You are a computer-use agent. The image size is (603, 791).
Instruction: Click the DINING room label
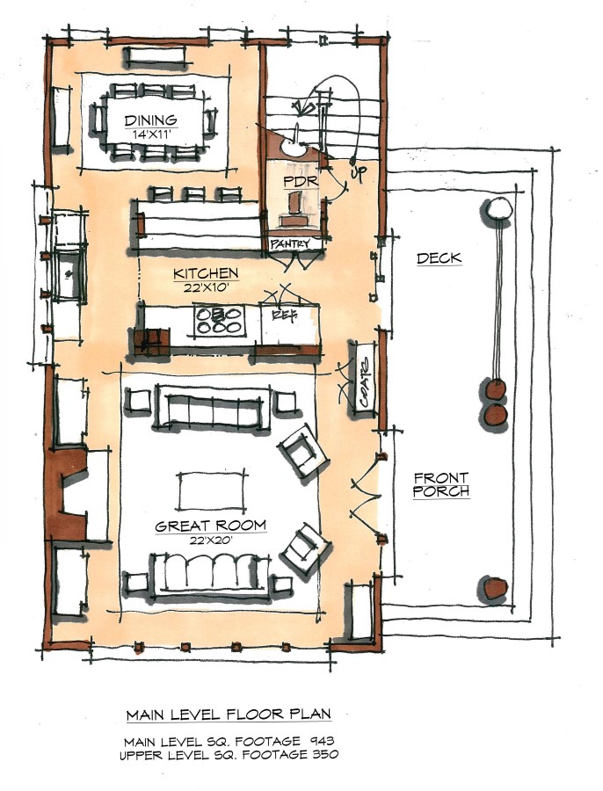pyautogui.click(x=150, y=121)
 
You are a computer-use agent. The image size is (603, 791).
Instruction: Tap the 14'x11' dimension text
pyautogui.click(x=150, y=134)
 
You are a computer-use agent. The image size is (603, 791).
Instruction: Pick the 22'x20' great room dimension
pyautogui.click(x=211, y=541)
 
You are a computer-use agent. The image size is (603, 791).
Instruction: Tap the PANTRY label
pyautogui.click(x=290, y=243)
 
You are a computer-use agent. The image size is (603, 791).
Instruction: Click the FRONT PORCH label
pyautogui.click(x=441, y=485)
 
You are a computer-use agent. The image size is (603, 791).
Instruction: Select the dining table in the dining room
pyautogui.click(x=151, y=123)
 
